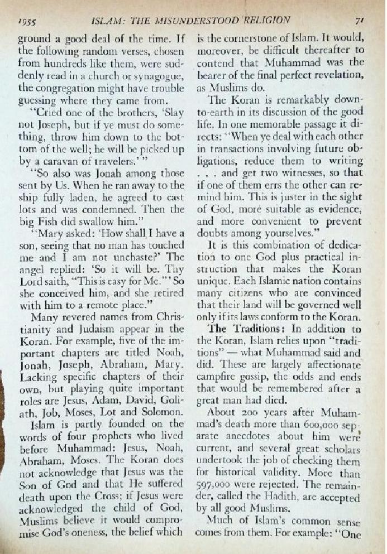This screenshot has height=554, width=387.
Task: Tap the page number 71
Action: point(360,21)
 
